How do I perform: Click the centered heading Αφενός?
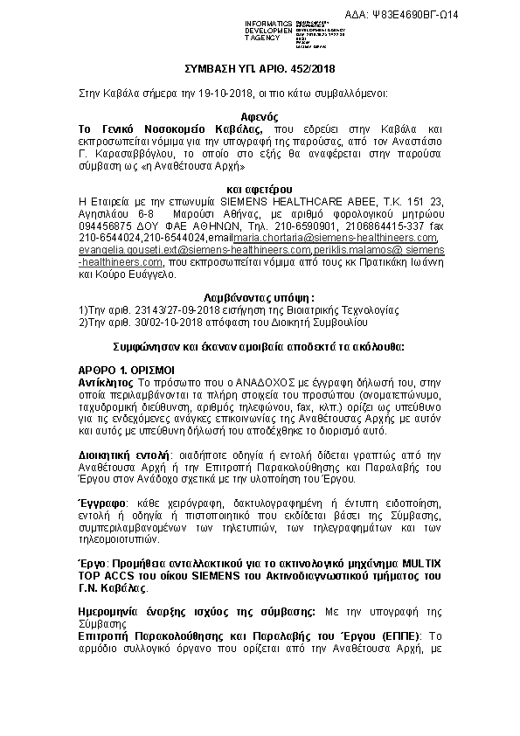coord(259,115)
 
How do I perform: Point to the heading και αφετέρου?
coord(259,189)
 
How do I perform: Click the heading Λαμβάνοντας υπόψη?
coord(259,298)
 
